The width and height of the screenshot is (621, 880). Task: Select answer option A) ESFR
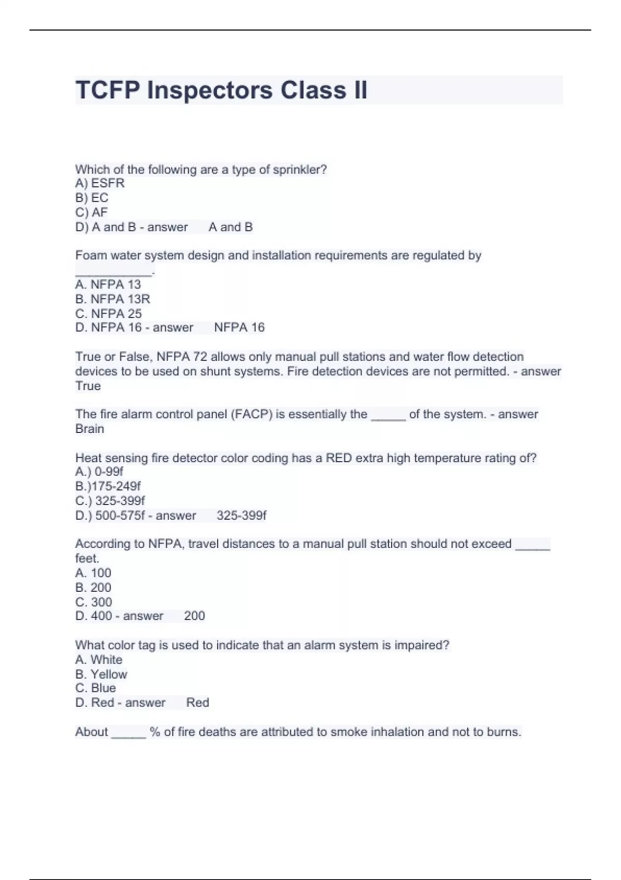pos(100,183)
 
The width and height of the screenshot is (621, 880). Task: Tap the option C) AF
pos(92,212)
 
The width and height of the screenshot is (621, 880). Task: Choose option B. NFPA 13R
pos(112,299)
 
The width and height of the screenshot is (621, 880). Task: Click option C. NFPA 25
pos(108,314)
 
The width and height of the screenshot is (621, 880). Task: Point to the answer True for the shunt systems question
pos(88,386)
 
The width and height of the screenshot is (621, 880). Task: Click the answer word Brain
pos(90,429)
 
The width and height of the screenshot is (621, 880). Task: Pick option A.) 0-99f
pos(99,472)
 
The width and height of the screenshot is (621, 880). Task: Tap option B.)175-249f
pos(108,486)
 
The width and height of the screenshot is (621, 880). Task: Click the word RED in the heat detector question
pos(338,458)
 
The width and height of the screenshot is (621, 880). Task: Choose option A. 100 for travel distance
pos(93,573)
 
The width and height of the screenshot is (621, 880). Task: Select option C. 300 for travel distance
pos(94,602)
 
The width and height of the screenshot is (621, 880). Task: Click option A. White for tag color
pos(99,660)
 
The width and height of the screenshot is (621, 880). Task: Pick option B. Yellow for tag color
pos(101,674)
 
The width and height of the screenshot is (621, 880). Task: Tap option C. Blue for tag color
pos(96,688)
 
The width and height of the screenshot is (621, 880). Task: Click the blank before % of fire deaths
pos(129,733)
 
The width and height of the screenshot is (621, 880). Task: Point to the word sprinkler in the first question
pos(300,170)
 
